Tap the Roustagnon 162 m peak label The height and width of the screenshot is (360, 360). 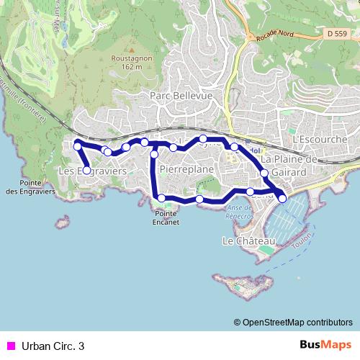[x=130, y=63]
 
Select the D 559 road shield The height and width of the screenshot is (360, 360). [x=336, y=33]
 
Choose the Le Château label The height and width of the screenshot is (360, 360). [x=249, y=240]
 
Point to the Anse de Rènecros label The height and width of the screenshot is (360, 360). [x=239, y=211]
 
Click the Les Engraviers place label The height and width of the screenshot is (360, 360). [x=92, y=171]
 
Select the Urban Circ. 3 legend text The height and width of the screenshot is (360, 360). [x=53, y=346]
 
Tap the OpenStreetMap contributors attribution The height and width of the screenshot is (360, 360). [x=293, y=322]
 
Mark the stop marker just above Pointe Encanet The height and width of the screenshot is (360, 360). [x=162, y=198]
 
